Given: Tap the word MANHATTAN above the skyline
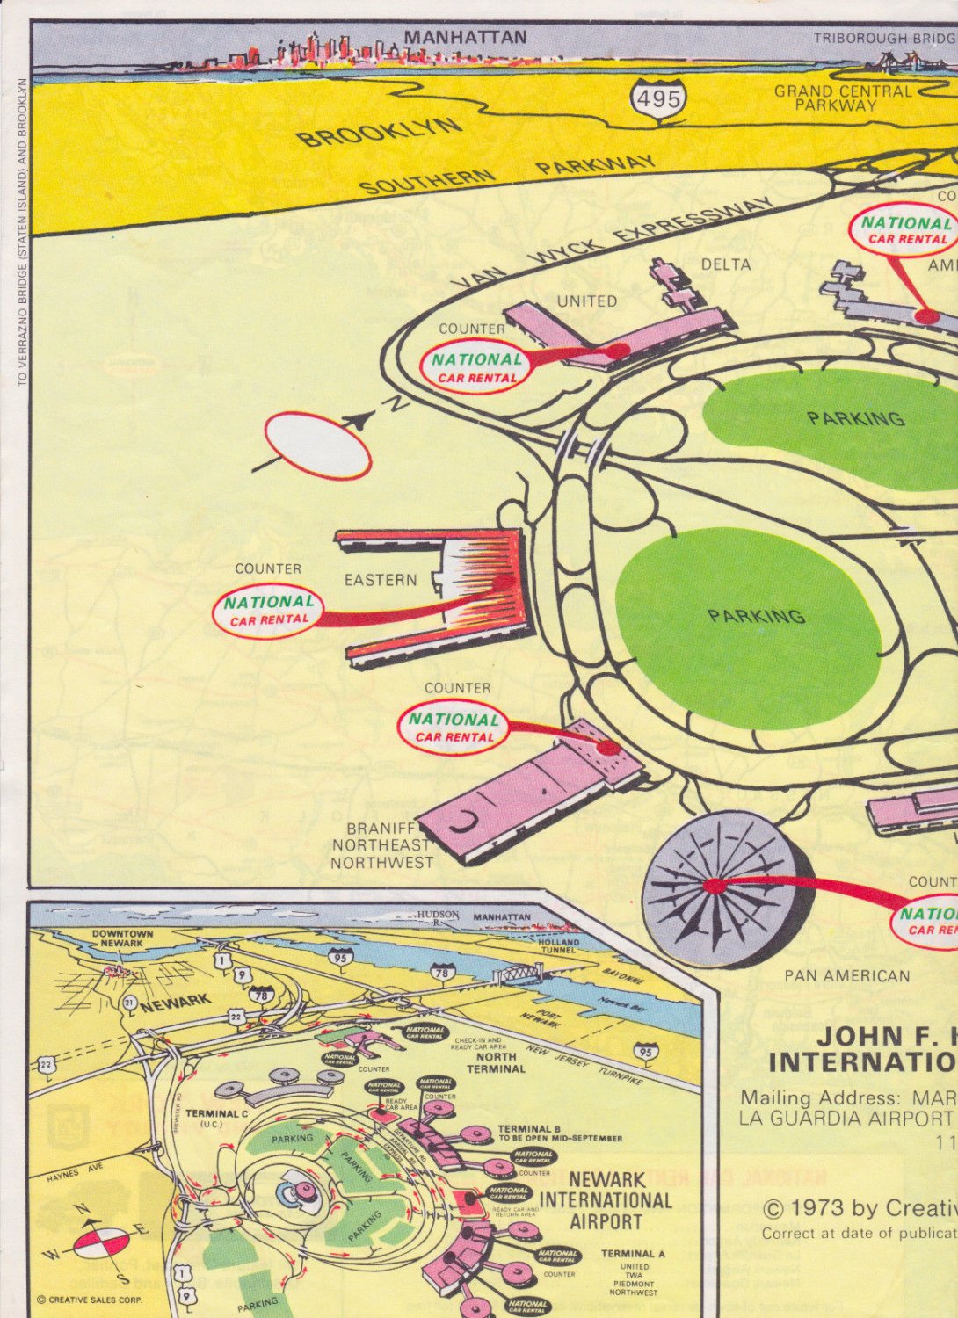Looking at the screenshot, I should pos(465,38).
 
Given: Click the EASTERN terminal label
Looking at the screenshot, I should pos(381,580).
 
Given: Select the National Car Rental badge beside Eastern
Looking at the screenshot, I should pos(268,610).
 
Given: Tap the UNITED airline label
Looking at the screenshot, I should pos(587,301).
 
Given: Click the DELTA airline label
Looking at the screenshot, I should pos(726,264).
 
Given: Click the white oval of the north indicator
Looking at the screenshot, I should pos(317,445).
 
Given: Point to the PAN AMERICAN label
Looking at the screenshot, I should pos(847,975).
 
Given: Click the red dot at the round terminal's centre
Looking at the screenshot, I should pos(715,886).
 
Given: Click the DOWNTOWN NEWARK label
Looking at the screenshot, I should pos(122,938).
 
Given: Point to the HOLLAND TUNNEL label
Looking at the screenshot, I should pos(559,945).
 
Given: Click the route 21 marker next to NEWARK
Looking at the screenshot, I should pos(129,1003).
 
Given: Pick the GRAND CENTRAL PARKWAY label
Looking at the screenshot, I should pos(842,98).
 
